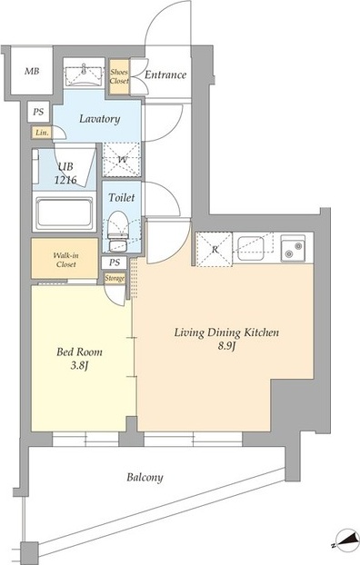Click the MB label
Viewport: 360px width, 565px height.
click(32, 72)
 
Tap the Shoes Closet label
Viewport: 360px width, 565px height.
click(119, 76)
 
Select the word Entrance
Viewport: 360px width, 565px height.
click(165, 75)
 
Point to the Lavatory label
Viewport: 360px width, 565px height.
click(100, 119)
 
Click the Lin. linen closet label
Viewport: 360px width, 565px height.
click(42, 133)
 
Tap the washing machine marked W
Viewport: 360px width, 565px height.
click(122, 160)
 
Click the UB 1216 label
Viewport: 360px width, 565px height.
click(65, 173)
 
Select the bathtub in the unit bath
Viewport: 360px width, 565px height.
click(65, 213)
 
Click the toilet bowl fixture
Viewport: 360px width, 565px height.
click(118, 231)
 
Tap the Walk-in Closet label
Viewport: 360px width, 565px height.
click(65, 260)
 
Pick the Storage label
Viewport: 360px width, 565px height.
click(115, 278)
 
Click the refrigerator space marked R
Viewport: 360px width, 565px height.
click(215, 250)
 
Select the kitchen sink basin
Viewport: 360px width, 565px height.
click(251, 248)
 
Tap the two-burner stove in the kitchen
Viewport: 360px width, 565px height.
click(293, 248)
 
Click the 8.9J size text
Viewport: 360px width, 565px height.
click(226, 346)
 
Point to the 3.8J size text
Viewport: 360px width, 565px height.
click(79, 366)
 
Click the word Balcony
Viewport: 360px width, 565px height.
click(145, 478)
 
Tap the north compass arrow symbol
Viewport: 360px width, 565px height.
click(345, 541)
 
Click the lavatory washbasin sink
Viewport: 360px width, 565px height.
click(84, 74)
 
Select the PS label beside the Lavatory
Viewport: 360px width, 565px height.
click(38, 112)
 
